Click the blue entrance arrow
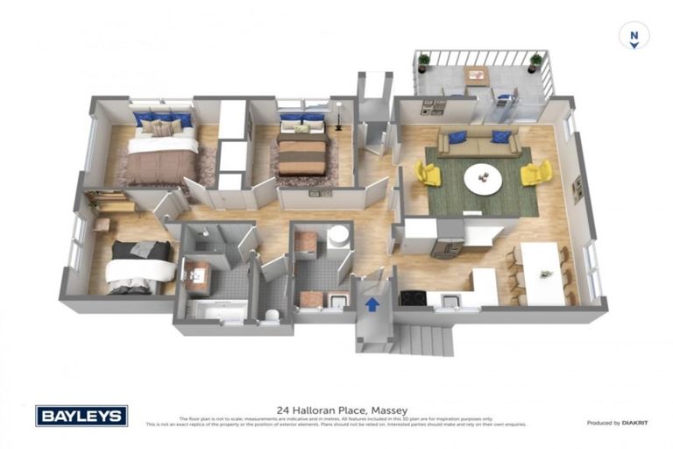coord(372,304)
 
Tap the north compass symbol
coord(633,37)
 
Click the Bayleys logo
coord(81,416)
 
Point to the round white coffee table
coord(483,179)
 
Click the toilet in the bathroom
coord(272,315)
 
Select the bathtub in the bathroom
coord(216,311)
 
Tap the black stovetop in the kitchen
coord(413,298)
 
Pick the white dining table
coord(542,272)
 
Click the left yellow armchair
coord(427,173)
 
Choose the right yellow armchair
coord(535,172)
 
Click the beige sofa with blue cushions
coord(478,142)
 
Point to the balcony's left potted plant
coord(424,62)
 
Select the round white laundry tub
coord(338,237)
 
